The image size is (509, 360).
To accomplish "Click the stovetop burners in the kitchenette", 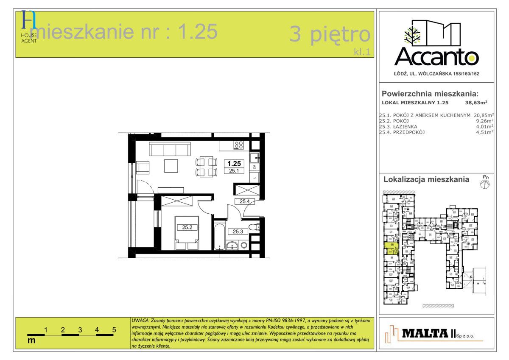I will [238, 145].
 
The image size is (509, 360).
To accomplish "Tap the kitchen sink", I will [254, 158].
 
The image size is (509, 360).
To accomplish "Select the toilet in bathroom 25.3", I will [253, 228].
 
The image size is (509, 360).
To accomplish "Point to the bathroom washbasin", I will [232, 245].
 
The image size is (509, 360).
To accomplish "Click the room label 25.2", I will [187, 227].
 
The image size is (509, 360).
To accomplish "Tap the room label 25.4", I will [244, 201].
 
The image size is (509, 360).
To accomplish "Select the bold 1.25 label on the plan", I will [234, 163].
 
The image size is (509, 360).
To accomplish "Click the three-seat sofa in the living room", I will [169, 149].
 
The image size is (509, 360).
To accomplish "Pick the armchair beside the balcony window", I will [143, 168].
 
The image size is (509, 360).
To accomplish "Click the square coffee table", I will [172, 165].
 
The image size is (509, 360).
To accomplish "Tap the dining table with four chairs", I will [206, 167].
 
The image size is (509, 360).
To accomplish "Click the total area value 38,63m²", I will [476, 103].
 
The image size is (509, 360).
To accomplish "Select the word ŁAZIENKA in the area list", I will [406, 126].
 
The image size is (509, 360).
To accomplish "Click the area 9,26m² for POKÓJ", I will [484, 120].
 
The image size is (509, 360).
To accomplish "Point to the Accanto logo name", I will [437, 56].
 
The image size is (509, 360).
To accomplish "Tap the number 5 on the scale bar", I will [114, 329].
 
